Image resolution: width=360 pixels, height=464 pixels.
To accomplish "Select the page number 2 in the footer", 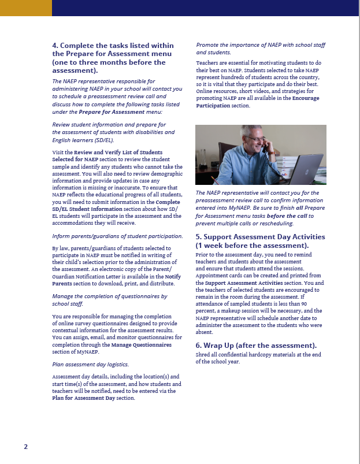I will [x=25, y=447].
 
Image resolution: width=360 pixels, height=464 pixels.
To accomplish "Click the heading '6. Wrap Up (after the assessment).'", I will [x=256, y=346].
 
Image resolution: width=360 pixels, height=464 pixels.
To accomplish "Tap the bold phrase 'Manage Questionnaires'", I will [x=141, y=344].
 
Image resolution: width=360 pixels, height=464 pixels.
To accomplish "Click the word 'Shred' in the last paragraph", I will [x=203, y=354].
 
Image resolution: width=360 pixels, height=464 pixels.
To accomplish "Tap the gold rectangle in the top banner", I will [x=26, y=8].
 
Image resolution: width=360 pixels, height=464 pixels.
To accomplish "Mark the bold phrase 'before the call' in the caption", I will [x=287, y=216].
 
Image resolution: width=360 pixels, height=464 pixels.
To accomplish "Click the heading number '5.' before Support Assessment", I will [x=199, y=237].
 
